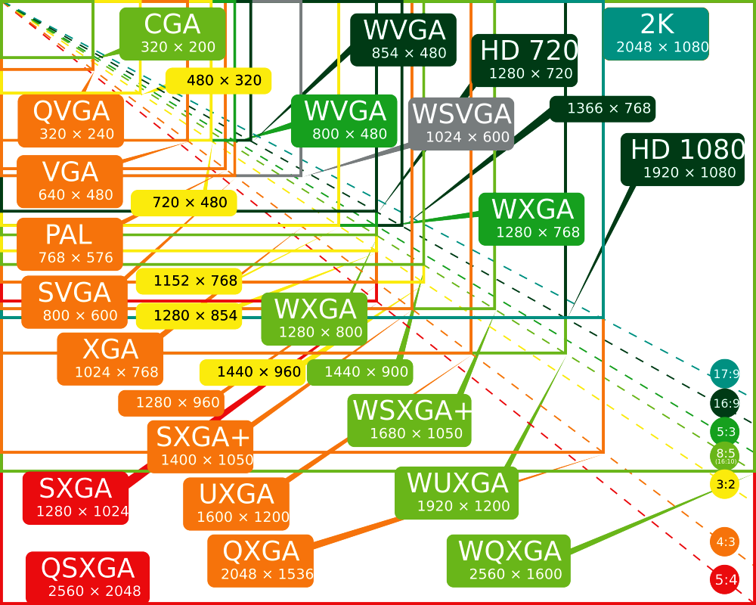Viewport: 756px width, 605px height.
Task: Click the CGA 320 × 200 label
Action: tap(172, 34)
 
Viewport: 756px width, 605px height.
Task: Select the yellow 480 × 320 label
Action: tap(218, 81)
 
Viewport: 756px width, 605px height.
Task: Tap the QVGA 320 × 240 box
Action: tap(71, 120)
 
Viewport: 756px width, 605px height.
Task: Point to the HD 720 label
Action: tap(524, 60)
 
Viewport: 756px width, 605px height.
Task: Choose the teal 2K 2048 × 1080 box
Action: tap(656, 34)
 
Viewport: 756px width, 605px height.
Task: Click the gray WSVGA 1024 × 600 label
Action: tap(461, 124)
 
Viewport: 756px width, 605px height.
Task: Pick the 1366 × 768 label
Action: tap(603, 109)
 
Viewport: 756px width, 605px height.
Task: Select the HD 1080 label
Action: tap(683, 160)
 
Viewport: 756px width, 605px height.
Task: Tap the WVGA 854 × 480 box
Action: tap(403, 40)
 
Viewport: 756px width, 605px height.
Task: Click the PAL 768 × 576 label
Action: tap(70, 244)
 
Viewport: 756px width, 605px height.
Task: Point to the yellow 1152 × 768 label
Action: tap(189, 281)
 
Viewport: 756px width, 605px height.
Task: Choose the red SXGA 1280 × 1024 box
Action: tap(76, 498)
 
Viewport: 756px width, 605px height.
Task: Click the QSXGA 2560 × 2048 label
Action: tap(88, 578)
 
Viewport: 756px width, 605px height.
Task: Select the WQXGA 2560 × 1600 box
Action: tap(509, 560)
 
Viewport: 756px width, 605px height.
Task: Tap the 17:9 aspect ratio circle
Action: tap(725, 374)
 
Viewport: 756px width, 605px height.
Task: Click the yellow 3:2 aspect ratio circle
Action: tap(725, 484)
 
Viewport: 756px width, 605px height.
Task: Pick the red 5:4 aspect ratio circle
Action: tap(725, 579)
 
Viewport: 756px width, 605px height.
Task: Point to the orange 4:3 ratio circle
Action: tap(725, 541)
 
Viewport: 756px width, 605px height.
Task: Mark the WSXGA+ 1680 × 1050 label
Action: tap(409, 420)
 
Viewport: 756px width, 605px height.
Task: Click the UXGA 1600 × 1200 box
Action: tap(236, 504)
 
